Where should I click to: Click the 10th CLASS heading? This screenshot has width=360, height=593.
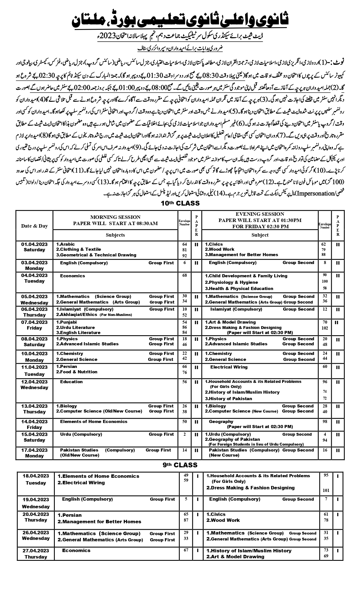pos(180,203)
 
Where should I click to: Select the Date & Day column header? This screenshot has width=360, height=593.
pos(34,226)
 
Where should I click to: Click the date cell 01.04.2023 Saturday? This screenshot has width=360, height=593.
pos(34,247)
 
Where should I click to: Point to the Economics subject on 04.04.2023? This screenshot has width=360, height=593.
pos(73,276)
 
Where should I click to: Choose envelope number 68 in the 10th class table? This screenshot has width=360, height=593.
pos(185,276)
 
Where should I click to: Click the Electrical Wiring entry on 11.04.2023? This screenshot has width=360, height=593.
pos(229,367)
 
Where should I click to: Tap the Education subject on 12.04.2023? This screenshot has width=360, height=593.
pos(71,382)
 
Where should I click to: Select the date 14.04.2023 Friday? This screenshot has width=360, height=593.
pos(34,424)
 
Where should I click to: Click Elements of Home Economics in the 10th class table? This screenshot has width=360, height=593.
pos(94,422)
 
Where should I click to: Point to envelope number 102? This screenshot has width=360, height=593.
pos(325,328)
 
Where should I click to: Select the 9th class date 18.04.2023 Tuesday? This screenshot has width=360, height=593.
pos(36,479)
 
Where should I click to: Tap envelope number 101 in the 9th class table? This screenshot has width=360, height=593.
pos(326,490)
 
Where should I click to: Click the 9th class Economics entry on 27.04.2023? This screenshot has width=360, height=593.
pos(76,550)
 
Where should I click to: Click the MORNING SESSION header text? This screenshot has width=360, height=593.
pos(115,217)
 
